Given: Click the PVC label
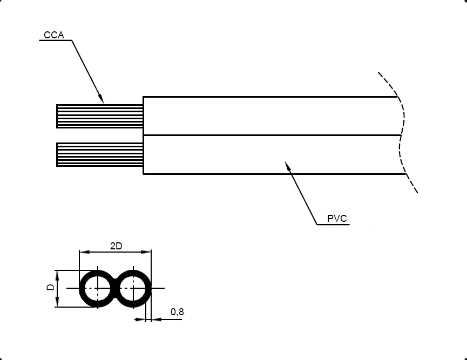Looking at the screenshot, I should tap(336, 219).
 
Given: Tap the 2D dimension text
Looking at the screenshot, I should tap(116, 246).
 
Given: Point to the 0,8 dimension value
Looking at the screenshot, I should tap(177, 312).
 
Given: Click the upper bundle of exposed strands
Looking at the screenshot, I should tap(99, 116).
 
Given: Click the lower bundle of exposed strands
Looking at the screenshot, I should tap(99, 155).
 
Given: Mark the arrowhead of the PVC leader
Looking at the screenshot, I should tap(288, 166).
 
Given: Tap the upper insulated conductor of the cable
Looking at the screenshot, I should tap(270, 116).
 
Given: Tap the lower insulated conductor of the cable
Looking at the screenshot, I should tap(270, 155).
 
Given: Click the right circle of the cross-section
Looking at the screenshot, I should tap(133, 288).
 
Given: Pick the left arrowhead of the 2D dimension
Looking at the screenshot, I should tap(83, 252).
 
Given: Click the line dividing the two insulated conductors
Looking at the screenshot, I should tap(270, 135).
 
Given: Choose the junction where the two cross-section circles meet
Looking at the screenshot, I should tap(115, 288).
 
